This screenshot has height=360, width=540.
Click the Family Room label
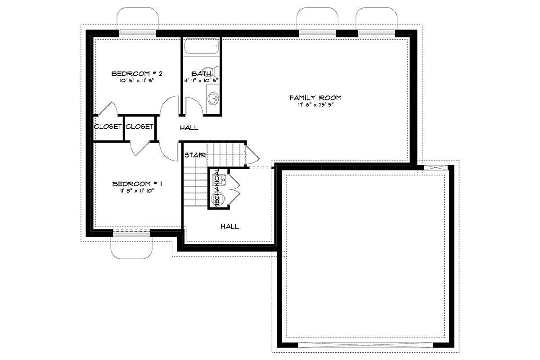315,98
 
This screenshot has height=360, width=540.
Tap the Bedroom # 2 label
137,73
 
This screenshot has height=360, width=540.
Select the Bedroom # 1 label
137,184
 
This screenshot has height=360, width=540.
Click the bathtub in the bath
202,46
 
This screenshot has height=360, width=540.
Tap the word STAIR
195,155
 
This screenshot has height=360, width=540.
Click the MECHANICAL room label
217,188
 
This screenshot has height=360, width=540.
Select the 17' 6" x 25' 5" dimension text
315,105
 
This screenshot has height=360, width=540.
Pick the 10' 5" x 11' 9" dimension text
137,81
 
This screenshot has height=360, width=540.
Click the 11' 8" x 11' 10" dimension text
137,191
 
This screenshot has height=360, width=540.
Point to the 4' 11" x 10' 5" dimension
202,81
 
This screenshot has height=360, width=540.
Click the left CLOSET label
108,126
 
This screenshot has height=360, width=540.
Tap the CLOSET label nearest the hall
139,126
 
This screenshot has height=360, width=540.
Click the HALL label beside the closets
189,128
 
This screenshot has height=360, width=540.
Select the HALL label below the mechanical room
230,226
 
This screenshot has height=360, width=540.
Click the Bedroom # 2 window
138,32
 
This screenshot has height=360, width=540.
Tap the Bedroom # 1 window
131,234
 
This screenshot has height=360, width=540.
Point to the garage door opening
365,345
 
